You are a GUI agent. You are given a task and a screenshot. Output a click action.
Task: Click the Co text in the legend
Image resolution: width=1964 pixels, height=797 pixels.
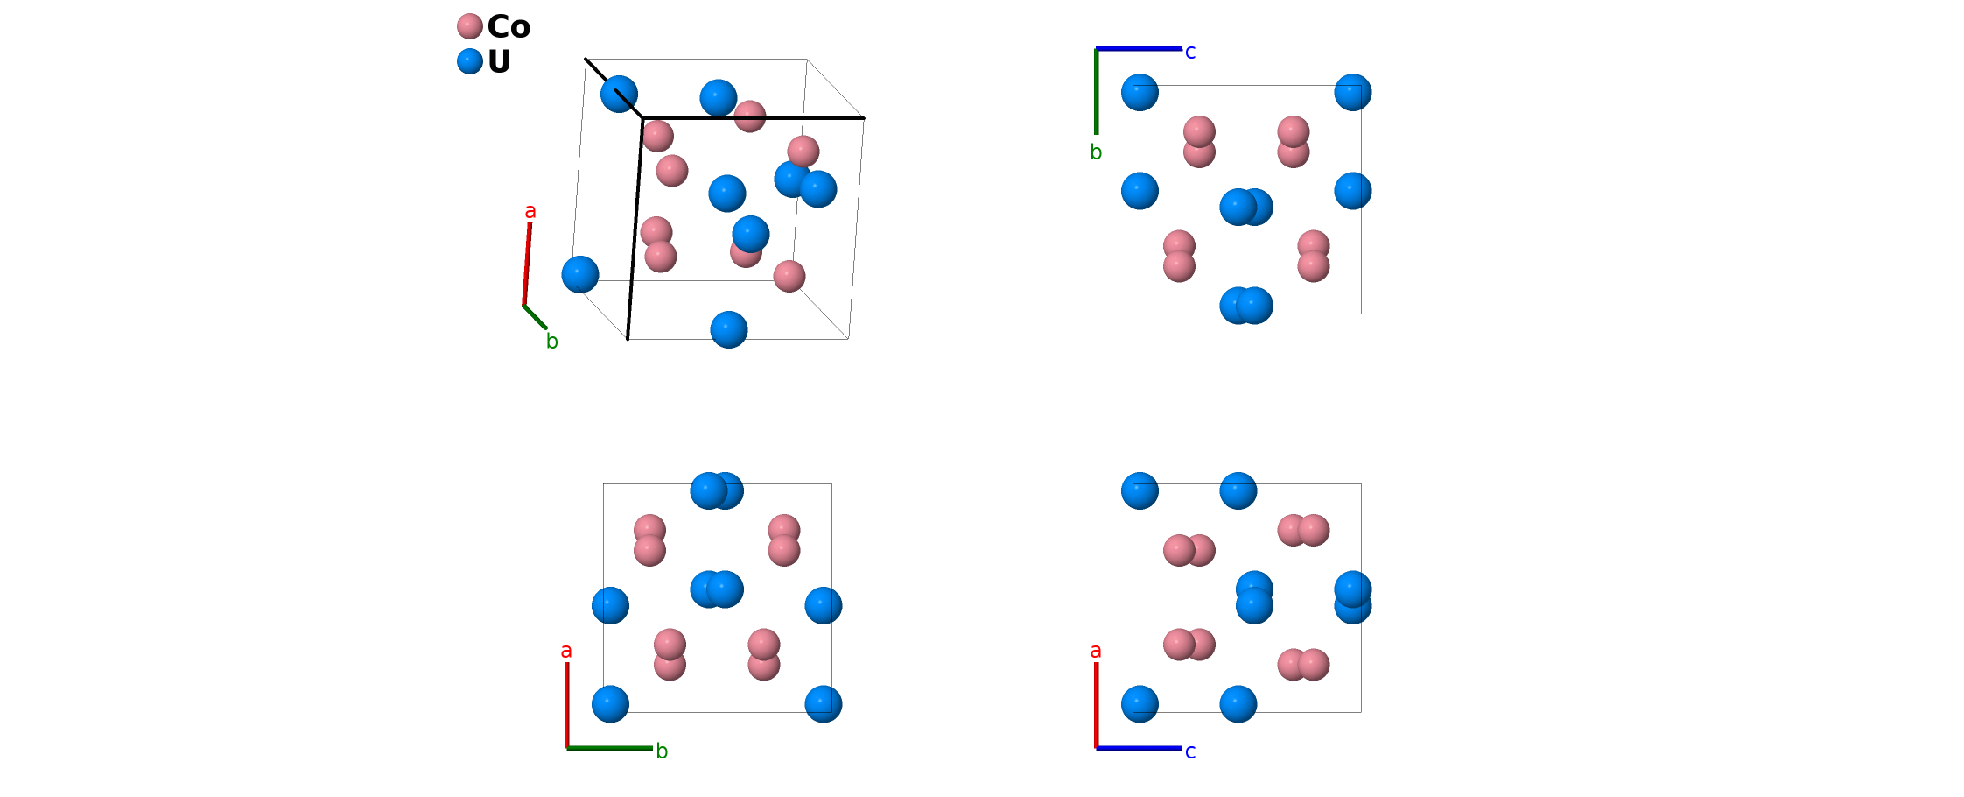coord(509,26)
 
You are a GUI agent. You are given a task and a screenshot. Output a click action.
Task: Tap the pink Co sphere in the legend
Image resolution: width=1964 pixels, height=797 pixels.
coord(470,26)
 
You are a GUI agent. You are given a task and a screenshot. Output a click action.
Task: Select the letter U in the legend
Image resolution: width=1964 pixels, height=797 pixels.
coord(499,62)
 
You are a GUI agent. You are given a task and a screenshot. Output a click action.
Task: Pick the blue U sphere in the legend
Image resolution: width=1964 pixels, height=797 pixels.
coord(470,61)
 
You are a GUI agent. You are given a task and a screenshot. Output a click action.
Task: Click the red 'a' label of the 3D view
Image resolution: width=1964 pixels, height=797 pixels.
coord(530,211)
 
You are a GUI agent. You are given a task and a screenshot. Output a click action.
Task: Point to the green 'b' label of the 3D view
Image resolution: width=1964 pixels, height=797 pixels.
coord(551,342)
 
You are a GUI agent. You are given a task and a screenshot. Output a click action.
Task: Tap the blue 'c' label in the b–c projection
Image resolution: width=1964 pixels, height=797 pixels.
coord(1190,53)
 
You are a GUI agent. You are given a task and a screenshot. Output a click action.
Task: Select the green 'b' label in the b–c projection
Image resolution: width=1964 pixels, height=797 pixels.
coord(1096,152)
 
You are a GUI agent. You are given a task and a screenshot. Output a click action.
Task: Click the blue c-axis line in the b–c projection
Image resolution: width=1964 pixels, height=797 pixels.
coord(1139,49)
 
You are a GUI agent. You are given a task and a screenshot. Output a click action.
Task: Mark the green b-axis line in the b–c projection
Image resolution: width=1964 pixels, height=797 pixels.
coord(1096,92)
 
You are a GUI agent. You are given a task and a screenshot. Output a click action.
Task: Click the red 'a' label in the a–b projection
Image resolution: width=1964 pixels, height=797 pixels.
coord(566,651)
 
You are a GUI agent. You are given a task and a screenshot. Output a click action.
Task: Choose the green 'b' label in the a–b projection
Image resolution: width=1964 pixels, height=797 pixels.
coord(662,751)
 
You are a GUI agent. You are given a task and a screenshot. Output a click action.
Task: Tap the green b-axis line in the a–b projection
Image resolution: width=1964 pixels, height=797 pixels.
coord(609,748)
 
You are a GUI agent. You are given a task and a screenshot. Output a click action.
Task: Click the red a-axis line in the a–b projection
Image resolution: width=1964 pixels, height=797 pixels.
coord(566,705)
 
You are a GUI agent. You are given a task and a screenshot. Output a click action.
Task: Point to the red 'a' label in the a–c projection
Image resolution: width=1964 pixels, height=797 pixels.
coord(1096,651)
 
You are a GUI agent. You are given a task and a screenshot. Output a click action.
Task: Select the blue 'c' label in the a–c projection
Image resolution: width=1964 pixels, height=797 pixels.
coord(1190,751)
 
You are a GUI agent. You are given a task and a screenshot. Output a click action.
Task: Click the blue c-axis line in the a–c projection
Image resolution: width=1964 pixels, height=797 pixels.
coord(1139,748)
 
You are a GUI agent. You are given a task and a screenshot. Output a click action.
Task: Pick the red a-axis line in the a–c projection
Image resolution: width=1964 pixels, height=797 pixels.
coord(1096,705)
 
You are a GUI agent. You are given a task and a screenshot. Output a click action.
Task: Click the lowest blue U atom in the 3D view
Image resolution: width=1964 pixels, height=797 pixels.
coord(729,329)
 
